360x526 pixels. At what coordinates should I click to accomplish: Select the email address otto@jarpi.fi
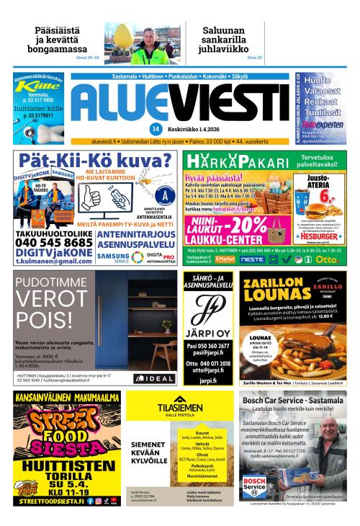[207, 370]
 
